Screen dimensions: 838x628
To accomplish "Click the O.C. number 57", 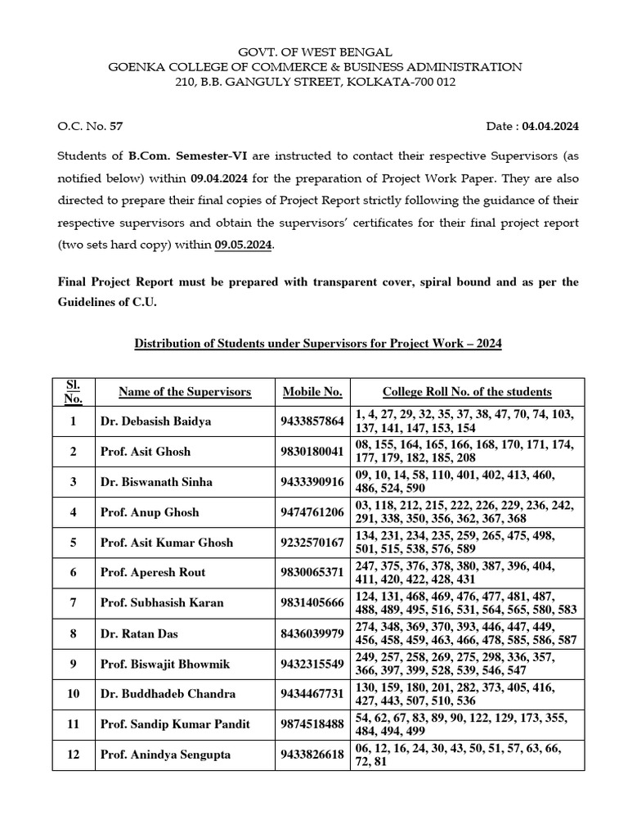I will coord(116,126).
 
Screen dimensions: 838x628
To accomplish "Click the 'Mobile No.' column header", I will coord(312,392).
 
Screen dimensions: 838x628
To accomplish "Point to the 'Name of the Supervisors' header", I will coord(185,392).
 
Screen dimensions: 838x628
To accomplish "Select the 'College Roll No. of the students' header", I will coord(467,392).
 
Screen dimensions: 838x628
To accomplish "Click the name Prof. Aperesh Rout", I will coord(152,572).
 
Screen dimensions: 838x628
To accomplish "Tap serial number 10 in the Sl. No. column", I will coord(74,694).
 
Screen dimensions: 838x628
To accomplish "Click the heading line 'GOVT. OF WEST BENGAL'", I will coord(315,52).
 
